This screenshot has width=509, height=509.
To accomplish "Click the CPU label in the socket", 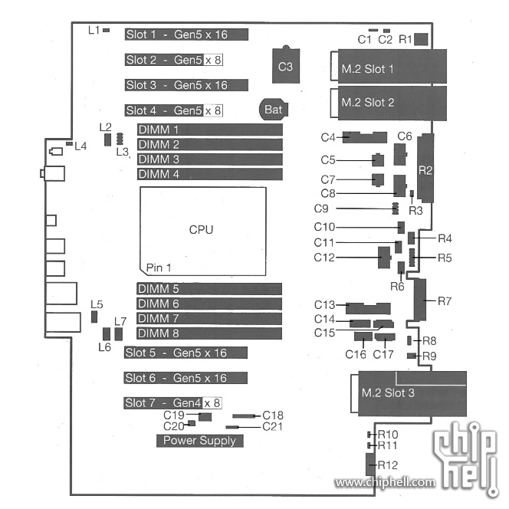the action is (201, 229).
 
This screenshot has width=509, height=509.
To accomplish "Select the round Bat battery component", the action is (274, 110).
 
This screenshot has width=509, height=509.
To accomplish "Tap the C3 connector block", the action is (286, 65).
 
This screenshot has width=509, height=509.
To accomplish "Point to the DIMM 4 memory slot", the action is (210, 174).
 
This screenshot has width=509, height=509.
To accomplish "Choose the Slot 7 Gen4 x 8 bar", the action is (172, 403).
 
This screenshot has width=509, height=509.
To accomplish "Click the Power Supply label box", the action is (199, 441).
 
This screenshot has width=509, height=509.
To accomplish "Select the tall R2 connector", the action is (425, 168).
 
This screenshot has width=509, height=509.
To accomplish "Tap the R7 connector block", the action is (420, 299).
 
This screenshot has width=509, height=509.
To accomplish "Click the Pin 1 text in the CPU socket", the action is (159, 268).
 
